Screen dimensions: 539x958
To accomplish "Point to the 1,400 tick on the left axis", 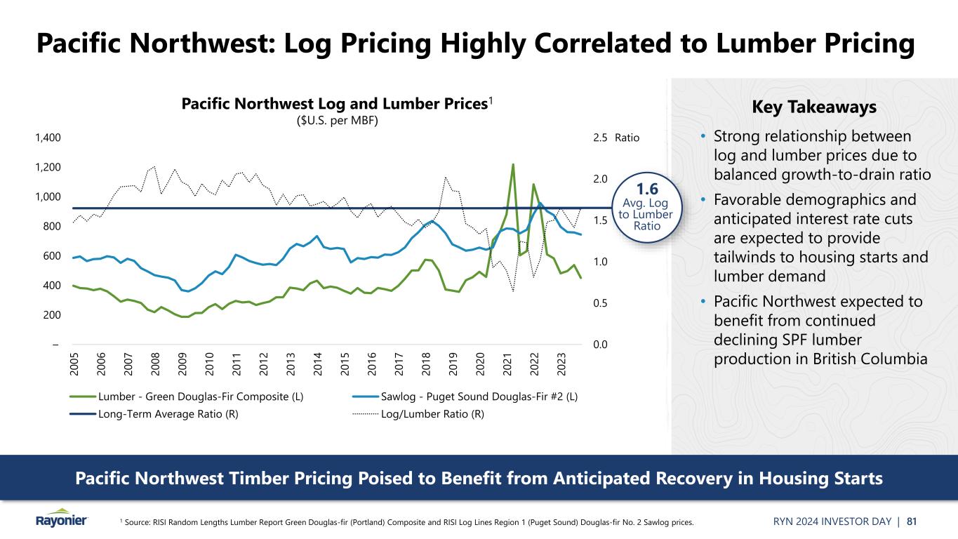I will pyautogui.click(x=48, y=138).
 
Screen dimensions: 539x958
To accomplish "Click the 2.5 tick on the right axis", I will pyautogui.click(x=600, y=138).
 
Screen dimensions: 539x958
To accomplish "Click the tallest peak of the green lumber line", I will pyautogui.click(x=513, y=166).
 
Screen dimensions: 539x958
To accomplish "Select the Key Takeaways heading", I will pyautogui.click(x=814, y=107).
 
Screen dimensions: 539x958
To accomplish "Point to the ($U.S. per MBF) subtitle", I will pyautogui.click(x=335, y=121).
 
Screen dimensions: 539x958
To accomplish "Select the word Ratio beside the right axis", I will pyautogui.click(x=627, y=138).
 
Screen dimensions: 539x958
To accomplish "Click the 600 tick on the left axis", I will pyautogui.click(x=51, y=256).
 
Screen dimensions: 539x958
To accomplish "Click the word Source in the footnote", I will pyautogui.click(x=140, y=522).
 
